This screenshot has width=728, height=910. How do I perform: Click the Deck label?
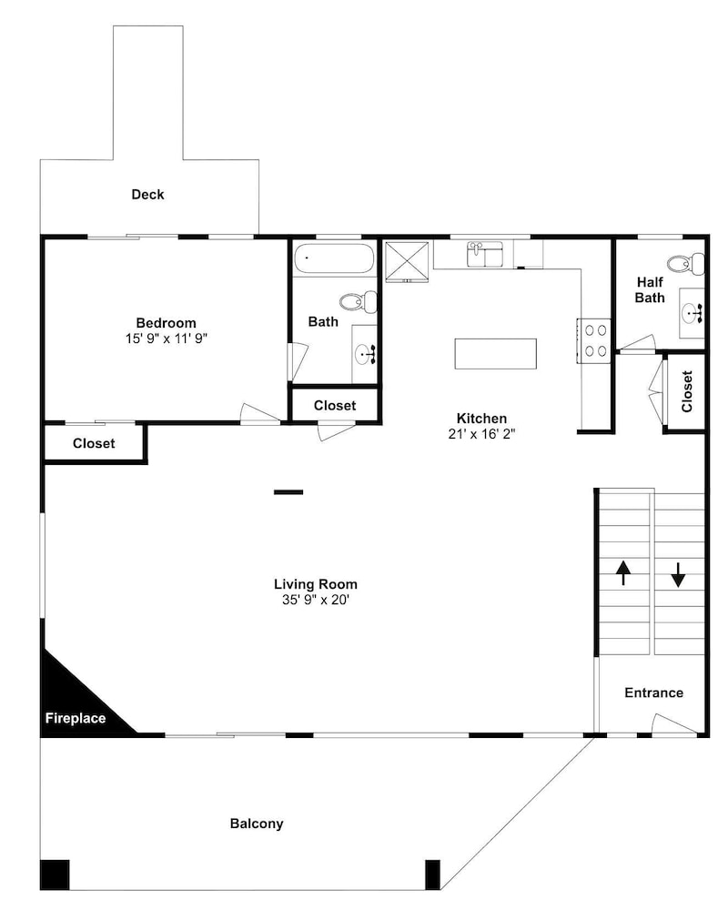tap(147, 195)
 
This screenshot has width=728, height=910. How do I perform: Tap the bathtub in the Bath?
tap(334, 258)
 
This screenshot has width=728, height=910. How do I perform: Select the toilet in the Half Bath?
tap(686, 264)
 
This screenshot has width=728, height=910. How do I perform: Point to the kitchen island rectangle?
tap(495, 353)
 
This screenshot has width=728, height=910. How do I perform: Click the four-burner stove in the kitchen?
tap(593, 340)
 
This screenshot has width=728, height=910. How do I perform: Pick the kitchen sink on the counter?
tap(485, 254)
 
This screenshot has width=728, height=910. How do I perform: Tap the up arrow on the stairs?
tap(623, 572)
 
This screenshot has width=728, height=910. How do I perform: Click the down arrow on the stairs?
tap(678, 574)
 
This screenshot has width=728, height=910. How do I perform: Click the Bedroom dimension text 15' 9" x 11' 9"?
tap(166, 339)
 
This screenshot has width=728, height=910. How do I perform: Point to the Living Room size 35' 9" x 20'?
tap(315, 600)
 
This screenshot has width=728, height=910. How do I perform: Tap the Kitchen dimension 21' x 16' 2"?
tap(481, 433)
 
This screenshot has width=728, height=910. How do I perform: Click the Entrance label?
tap(653, 693)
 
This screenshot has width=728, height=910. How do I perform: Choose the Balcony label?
tap(257, 824)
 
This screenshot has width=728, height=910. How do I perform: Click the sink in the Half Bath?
tap(692, 313)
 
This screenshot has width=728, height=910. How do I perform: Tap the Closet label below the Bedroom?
tap(94, 443)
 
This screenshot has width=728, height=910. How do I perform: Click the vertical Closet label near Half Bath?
tap(687, 391)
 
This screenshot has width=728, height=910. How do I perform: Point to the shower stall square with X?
tap(407, 262)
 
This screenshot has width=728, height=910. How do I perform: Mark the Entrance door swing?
tap(673, 724)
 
